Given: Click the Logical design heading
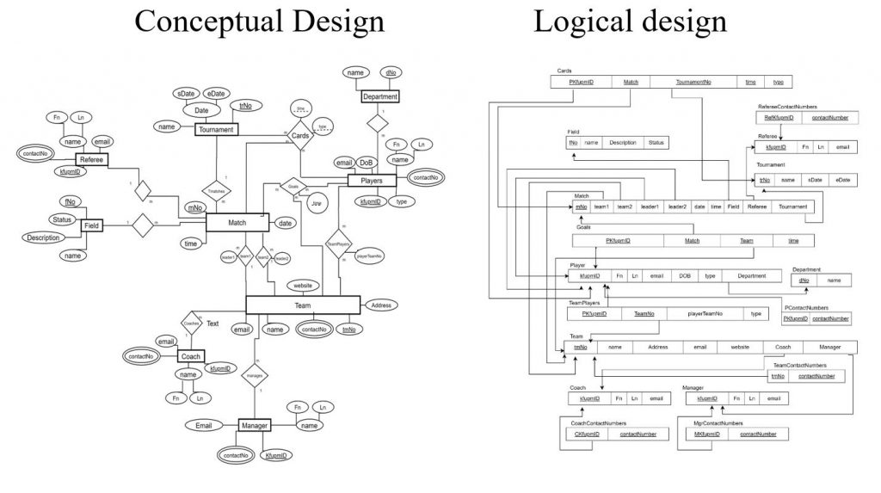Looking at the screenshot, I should [x=630, y=22].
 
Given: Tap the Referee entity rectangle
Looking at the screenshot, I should [x=91, y=160].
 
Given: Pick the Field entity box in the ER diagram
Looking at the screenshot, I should [x=92, y=225].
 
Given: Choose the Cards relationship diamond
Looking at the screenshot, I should [x=300, y=135].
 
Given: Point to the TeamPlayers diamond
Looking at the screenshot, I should [x=341, y=244].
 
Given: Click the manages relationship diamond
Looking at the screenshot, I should [x=255, y=376].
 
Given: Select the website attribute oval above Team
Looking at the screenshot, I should [x=303, y=285].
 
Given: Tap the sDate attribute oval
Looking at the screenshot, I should [x=186, y=94].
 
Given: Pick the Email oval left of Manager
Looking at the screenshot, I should [x=203, y=425].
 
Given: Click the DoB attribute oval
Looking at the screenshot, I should [x=367, y=162].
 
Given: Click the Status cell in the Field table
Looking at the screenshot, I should [x=656, y=143].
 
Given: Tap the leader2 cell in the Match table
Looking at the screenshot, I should [x=676, y=206].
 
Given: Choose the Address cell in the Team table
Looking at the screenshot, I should [x=657, y=347].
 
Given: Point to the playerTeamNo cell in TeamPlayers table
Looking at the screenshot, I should [x=705, y=314].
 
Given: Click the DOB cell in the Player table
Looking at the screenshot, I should [x=684, y=276].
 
